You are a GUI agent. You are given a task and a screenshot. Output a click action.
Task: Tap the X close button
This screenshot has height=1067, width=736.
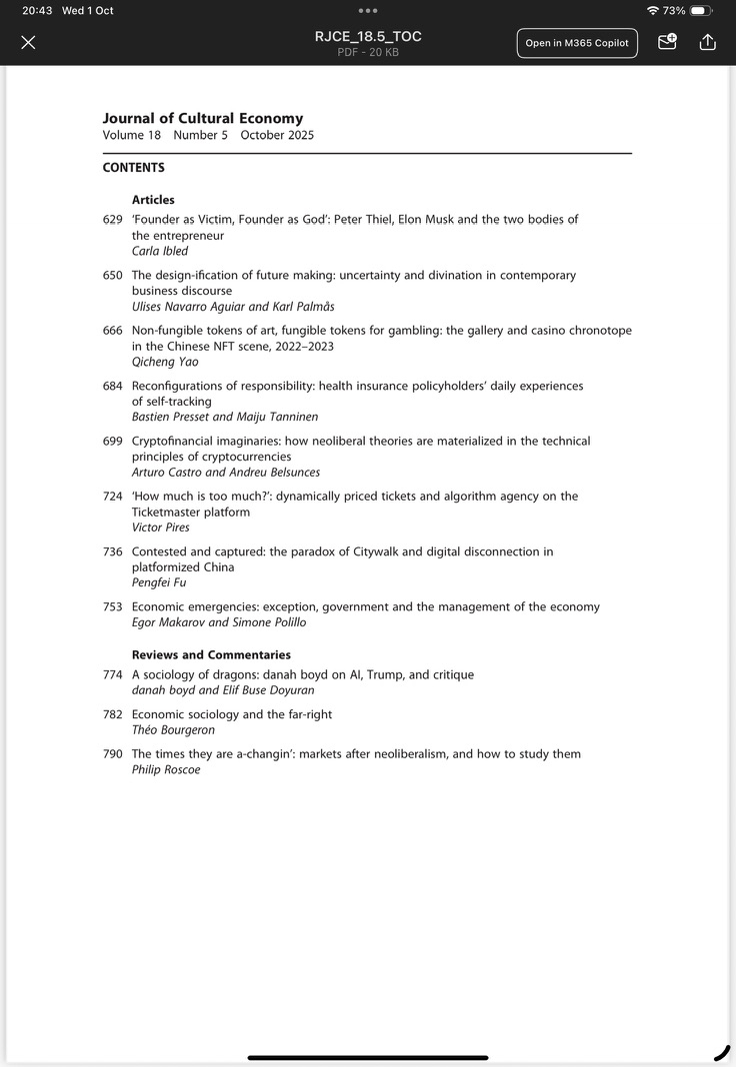click(x=28, y=42)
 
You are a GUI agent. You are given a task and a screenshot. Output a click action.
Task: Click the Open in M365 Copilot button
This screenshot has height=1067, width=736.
click(x=577, y=43)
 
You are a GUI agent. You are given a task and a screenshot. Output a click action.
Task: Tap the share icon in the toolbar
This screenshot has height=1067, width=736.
click(x=708, y=42)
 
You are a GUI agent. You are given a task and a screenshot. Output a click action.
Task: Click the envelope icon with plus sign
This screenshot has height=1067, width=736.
click(x=667, y=42)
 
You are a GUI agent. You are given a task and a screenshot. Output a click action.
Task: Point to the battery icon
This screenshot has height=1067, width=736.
click(x=700, y=11)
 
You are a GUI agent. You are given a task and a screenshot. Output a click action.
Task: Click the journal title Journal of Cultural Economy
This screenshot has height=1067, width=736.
click(x=202, y=118)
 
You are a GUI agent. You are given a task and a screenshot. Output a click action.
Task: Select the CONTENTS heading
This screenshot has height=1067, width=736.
click(x=133, y=168)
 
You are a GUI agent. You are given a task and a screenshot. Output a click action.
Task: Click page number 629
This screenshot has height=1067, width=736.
click(x=113, y=219)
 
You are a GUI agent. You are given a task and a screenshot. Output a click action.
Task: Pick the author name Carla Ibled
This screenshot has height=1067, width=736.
click(x=160, y=251)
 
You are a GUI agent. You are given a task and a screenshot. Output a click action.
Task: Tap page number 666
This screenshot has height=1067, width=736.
click(x=113, y=330)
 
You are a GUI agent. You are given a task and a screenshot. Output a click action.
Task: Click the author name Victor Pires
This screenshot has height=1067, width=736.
click(x=160, y=528)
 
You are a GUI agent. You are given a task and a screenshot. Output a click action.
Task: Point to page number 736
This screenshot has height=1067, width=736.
click(x=113, y=551)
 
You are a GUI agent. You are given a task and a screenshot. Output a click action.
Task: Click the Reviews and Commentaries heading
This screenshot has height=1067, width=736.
click(x=211, y=654)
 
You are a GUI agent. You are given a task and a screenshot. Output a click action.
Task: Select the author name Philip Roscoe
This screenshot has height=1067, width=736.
click(x=166, y=769)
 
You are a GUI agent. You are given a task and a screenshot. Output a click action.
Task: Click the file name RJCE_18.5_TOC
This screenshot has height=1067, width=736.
click(x=368, y=36)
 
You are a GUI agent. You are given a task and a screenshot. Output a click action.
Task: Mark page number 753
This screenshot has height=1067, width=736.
click(x=113, y=606)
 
